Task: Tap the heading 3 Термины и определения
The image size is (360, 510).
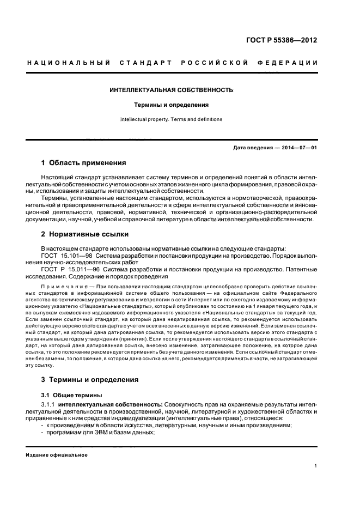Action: [90, 379]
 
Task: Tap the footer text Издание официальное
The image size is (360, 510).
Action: [57, 455]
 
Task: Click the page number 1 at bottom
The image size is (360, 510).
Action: [316, 466]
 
